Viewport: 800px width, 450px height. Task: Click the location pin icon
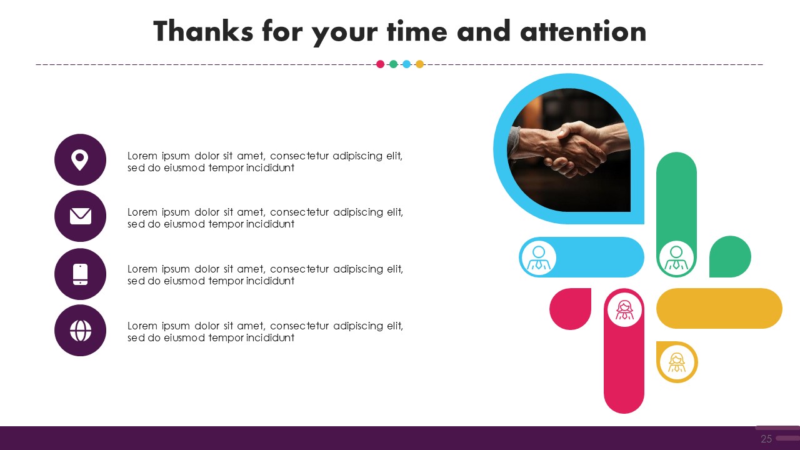click(80, 159)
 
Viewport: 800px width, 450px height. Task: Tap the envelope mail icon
click(81, 216)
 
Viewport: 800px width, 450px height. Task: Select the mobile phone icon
click(81, 274)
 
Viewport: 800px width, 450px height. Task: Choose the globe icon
click(81, 331)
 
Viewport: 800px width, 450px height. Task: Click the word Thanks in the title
click(204, 31)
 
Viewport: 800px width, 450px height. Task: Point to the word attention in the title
click(583, 31)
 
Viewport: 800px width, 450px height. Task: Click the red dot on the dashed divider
click(381, 64)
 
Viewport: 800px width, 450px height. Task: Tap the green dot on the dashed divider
click(393, 64)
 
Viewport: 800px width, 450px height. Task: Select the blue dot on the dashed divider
click(406, 64)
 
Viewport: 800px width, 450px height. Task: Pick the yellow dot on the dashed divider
click(419, 64)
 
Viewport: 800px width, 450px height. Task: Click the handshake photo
click(569, 150)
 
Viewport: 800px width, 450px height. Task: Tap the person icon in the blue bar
click(539, 258)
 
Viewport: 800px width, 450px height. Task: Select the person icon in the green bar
click(676, 258)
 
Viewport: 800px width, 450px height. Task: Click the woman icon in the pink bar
click(624, 310)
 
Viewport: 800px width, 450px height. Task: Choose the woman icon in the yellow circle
click(677, 362)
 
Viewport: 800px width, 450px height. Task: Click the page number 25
click(766, 439)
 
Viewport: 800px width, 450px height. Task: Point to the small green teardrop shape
click(730, 256)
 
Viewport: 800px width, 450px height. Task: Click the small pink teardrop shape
click(571, 309)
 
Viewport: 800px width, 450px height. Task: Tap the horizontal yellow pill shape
click(719, 309)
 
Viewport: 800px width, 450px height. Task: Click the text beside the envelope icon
click(265, 218)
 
